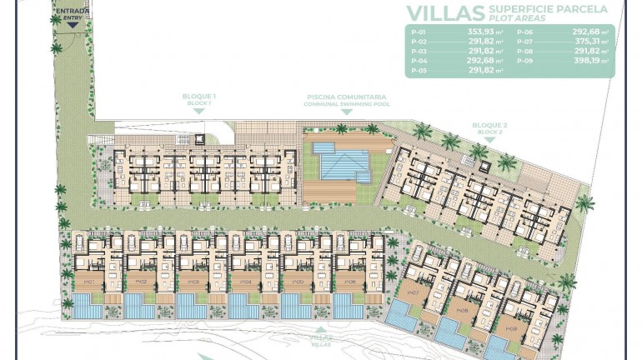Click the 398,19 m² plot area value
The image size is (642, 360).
(x=589, y=61)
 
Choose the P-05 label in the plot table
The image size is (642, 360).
(x=419, y=71)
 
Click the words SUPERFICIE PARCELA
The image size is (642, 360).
(x=549, y=9)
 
